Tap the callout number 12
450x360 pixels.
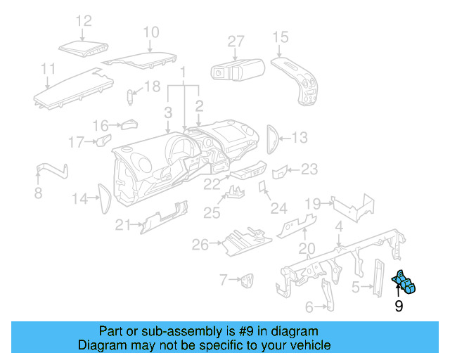coord(84,20)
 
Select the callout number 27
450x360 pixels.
coord(236,41)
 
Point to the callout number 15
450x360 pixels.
coord(280,37)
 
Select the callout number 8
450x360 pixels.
coord(38,193)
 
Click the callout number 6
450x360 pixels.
coord(309,307)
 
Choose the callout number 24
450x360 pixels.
coord(279,208)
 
